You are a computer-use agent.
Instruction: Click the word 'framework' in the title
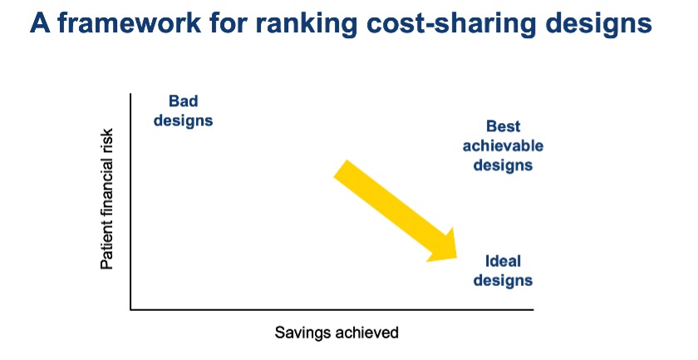[130, 22]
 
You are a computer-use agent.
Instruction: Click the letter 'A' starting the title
[40, 22]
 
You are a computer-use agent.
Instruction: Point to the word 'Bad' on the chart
[184, 101]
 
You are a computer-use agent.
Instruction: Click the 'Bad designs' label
[184, 111]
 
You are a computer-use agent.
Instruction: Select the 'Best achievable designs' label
[503, 145]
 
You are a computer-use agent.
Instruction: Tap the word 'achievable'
[503, 145]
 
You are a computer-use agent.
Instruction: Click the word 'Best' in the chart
[503, 126]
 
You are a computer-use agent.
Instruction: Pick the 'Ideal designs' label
[503, 270]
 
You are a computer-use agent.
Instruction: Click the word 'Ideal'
[503, 260]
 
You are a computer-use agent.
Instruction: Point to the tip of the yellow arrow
[457, 258]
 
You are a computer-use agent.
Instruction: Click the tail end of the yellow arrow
[340, 169]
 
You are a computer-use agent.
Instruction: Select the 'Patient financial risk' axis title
[107, 200]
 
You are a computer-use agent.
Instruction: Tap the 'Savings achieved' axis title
[337, 333]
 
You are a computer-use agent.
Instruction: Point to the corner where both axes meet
[130, 308]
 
